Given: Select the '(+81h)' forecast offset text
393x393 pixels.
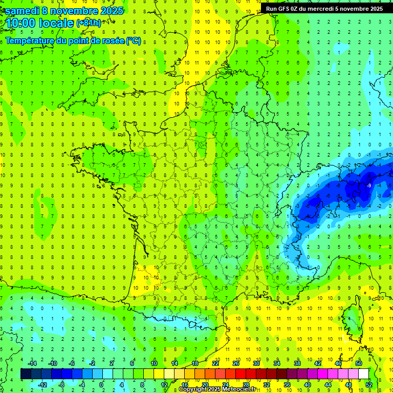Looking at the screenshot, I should pyautogui.click(x=89, y=23).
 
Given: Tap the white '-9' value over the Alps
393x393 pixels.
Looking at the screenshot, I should pyautogui.click(x=369, y=185).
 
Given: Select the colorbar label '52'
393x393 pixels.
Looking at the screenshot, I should pyautogui.click(x=369, y=384).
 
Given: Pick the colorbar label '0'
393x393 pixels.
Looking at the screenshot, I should pyautogui.click(x=101, y=384).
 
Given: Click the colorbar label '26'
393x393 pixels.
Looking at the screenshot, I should pyautogui.click(x=236, y=363).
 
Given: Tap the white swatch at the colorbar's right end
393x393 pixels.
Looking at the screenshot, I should pyautogui.click(x=363, y=374).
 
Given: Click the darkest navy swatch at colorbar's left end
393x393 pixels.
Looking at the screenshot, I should pyautogui.click(x=26, y=374).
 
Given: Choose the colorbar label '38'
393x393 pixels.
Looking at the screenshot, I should pyautogui.click(x=297, y=363).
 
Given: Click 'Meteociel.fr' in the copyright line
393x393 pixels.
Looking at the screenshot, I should pyautogui.click(x=237, y=389).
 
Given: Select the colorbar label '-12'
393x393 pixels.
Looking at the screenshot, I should pyautogui.click(x=42, y=384).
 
